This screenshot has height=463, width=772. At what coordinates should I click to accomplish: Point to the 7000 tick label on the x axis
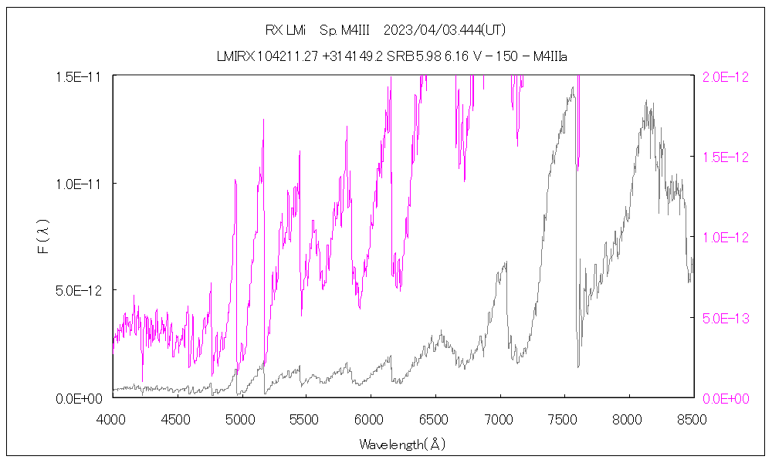[x=499, y=419]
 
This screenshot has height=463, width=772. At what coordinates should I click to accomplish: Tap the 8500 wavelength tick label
[x=692, y=419]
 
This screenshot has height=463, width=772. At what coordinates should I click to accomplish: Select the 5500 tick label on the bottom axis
[x=306, y=419]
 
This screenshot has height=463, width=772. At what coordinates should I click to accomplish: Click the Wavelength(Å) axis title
[x=402, y=444]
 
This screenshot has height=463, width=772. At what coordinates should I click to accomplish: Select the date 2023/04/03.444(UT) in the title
[x=445, y=30]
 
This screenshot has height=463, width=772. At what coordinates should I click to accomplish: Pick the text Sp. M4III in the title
[x=344, y=30]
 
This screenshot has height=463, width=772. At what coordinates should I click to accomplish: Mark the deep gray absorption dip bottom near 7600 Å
[x=578, y=366]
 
